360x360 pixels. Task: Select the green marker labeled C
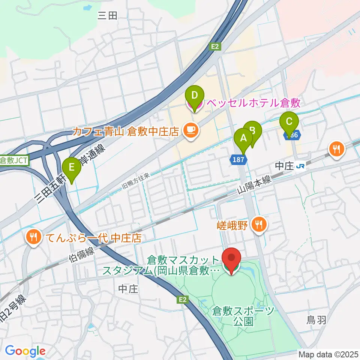289,122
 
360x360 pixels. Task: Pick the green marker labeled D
194,96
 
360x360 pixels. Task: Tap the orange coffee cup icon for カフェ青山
191,131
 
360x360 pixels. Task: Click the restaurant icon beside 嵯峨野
258,224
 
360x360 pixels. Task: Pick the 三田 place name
108,15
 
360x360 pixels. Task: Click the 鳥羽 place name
314,320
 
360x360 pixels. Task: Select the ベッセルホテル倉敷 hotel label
255,103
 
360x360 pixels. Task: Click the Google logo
25,351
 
